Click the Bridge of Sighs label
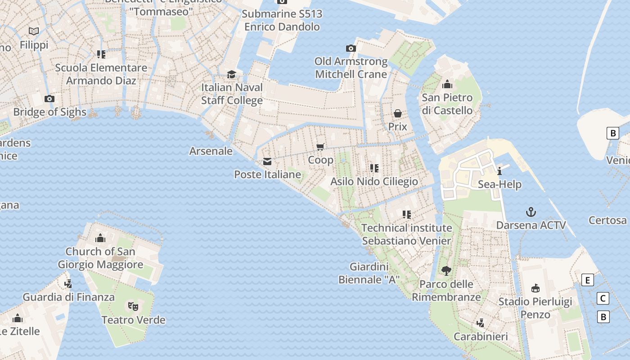tap(49, 112)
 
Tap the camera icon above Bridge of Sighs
tap(49, 99)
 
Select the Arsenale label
tap(211, 151)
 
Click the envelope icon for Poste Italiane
tap(267, 162)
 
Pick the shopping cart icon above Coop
tap(320, 147)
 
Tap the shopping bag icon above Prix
tap(398, 113)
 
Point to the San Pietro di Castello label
tap(447, 104)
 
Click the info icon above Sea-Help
tap(499, 171)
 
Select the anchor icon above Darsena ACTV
tap(531, 212)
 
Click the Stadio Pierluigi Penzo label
tap(535, 308)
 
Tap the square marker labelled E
tap(588, 280)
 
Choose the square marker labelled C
tap(603, 298)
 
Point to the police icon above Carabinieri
tap(481, 323)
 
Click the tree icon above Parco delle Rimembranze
tap(446, 270)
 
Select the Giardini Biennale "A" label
tap(369, 273)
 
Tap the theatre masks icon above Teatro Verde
tap(133, 306)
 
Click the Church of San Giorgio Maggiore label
tap(100, 258)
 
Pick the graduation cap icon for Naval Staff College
tap(231, 74)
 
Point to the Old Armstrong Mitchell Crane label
tap(351, 67)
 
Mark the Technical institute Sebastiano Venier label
tap(406, 234)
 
